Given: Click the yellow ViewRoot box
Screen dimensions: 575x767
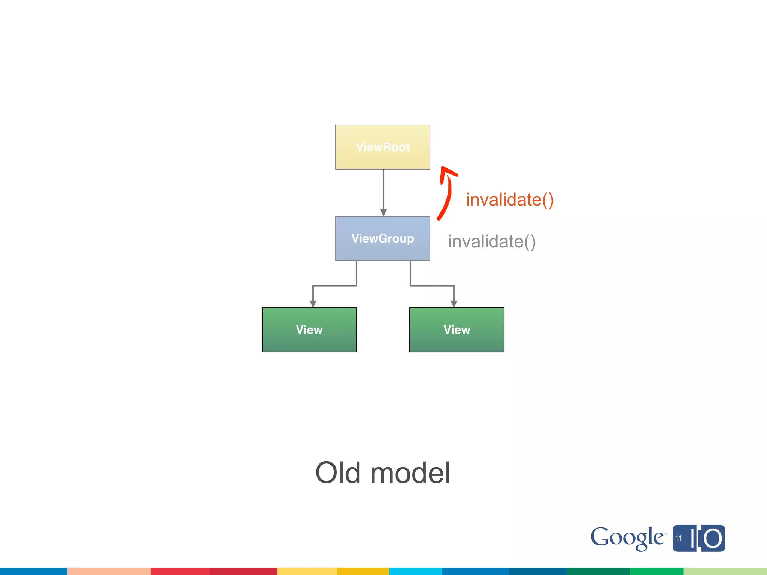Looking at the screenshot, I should click(x=382, y=147).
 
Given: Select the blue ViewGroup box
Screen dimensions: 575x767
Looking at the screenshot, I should click(x=382, y=238).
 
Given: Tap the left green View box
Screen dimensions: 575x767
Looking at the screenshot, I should click(x=309, y=330).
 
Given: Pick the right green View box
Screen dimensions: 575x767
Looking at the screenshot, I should click(x=457, y=330).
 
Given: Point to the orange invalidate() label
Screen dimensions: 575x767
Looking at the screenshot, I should click(x=509, y=200).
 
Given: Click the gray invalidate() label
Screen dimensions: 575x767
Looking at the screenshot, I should click(x=492, y=241).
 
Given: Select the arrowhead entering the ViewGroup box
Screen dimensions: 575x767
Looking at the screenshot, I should click(x=383, y=213).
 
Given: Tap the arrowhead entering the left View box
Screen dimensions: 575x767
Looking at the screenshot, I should click(x=313, y=304).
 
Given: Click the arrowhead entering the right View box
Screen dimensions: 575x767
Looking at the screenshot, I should click(x=454, y=304).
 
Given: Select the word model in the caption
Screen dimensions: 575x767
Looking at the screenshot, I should click(x=410, y=473).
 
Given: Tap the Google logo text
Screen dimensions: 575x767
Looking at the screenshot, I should click(x=627, y=538).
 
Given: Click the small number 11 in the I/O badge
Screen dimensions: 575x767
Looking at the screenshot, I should click(x=679, y=538).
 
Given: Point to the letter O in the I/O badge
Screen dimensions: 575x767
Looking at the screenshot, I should click(x=712, y=539).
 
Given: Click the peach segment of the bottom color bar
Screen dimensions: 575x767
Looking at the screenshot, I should click(x=109, y=571).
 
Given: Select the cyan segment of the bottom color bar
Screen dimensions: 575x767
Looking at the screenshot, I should click(x=415, y=571).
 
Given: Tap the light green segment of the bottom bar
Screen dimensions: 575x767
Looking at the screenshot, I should click(x=725, y=571).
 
